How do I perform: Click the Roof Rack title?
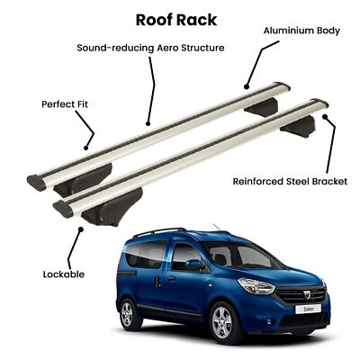click(176, 20)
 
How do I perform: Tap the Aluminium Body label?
click(301, 31)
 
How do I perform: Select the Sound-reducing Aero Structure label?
click(150, 48)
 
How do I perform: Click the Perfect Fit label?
click(65, 104)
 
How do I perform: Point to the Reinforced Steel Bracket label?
click(290, 182)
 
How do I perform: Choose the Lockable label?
click(64, 274)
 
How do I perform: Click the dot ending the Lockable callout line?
click(81, 229)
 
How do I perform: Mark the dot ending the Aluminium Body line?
click(247, 87)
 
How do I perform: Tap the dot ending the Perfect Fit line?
click(85, 148)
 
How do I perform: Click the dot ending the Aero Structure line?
click(148, 123)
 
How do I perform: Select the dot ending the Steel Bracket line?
click(325, 116)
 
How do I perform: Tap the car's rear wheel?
click(129, 313)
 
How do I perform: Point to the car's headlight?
click(256, 286)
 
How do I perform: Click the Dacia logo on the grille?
click(307, 295)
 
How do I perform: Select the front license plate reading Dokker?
click(308, 309)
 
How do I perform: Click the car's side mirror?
click(194, 265)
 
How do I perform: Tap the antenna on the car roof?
click(217, 228)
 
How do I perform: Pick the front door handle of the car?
click(171, 279)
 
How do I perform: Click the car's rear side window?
click(146, 254)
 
